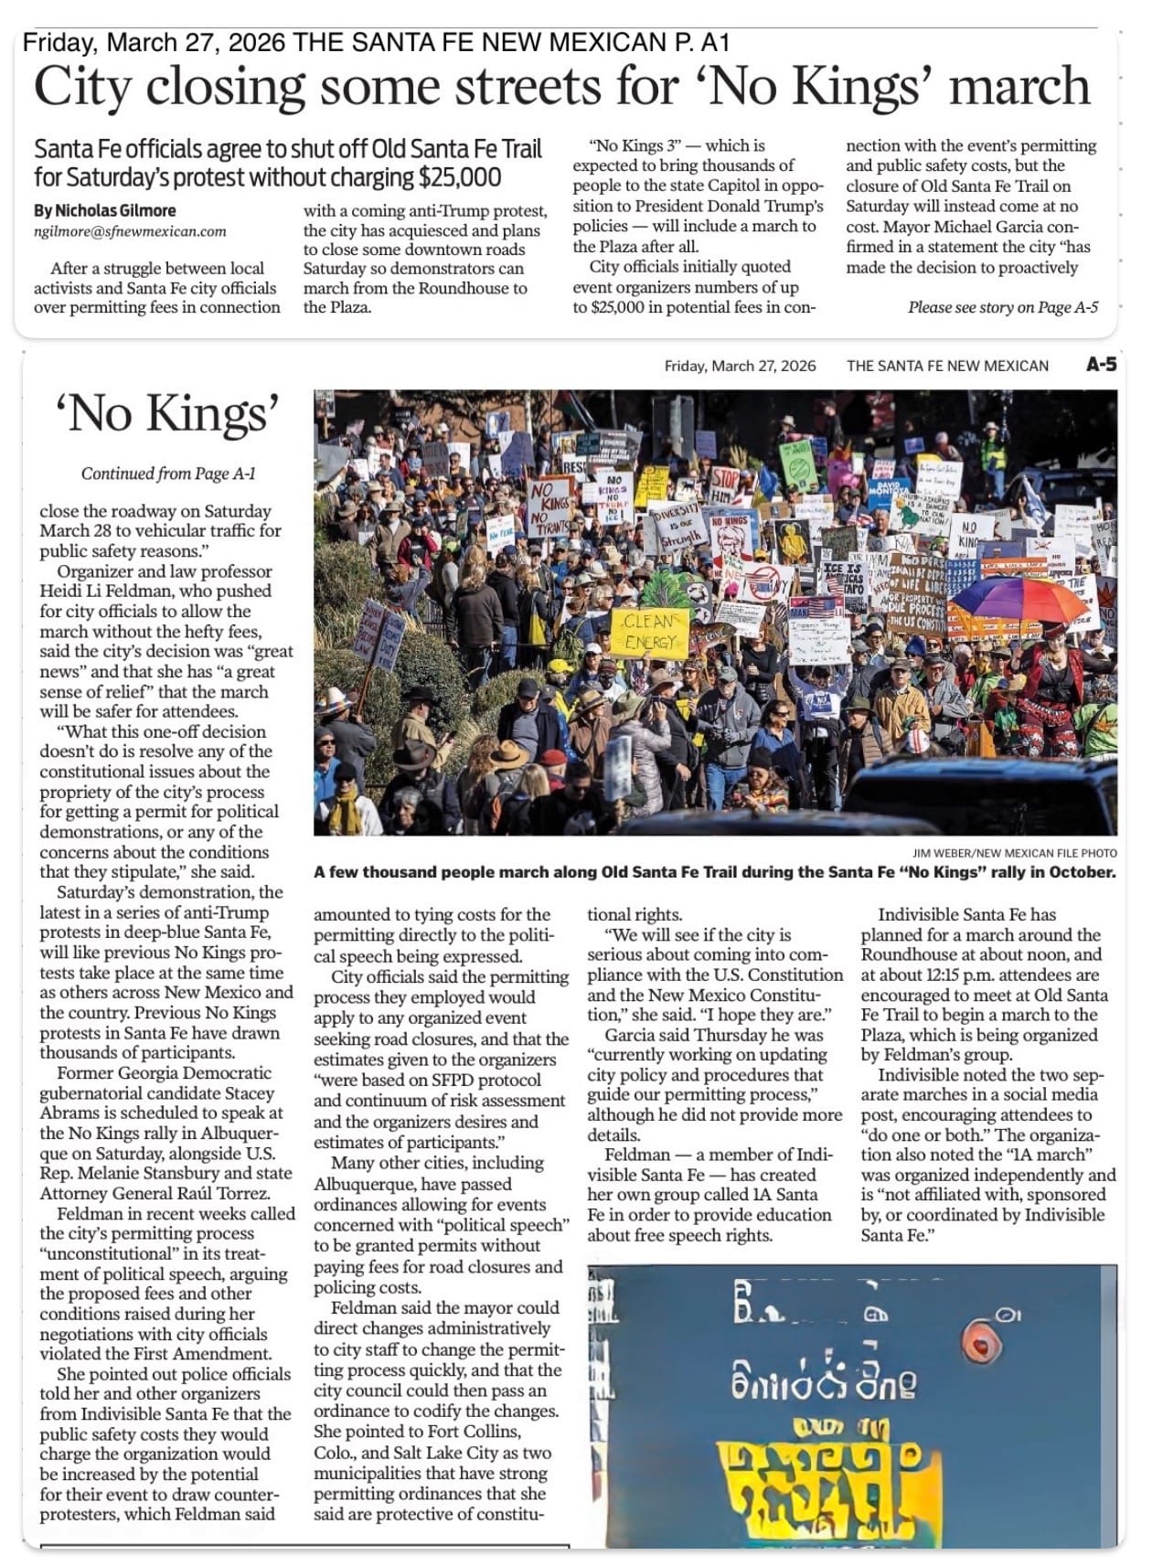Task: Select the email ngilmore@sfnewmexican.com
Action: pos(130,231)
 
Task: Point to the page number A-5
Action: pos(1101,365)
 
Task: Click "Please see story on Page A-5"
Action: pos(1002,307)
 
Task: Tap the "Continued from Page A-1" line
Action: pos(167,474)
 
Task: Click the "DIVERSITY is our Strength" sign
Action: pos(676,523)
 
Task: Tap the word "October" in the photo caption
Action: pos(1081,872)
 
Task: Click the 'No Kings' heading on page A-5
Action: pos(167,415)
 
